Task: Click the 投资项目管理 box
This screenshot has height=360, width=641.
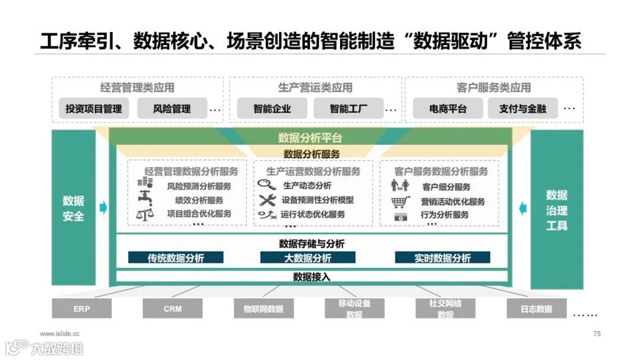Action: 94,109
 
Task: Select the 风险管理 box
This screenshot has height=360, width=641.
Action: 172,109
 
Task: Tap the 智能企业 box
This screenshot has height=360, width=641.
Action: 272,109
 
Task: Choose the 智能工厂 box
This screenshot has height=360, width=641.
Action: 348,109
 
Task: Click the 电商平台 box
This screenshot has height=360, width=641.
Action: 448,109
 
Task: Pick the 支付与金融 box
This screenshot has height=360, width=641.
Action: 522,109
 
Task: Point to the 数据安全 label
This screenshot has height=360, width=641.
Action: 74,208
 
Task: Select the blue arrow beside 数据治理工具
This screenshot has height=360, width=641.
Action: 523,208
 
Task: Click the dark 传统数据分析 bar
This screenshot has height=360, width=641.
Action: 176,258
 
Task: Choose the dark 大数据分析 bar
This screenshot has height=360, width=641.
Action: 307,258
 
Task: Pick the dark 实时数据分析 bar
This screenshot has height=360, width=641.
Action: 442,258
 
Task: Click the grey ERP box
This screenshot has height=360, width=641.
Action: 82,308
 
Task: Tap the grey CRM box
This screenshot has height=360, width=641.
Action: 172,308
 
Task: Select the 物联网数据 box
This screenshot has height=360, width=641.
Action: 264,308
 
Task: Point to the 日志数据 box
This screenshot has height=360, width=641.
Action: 536,308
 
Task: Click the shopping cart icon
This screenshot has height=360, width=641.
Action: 401,202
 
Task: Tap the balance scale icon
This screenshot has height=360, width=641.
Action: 145,215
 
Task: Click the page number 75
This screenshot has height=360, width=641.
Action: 596,334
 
